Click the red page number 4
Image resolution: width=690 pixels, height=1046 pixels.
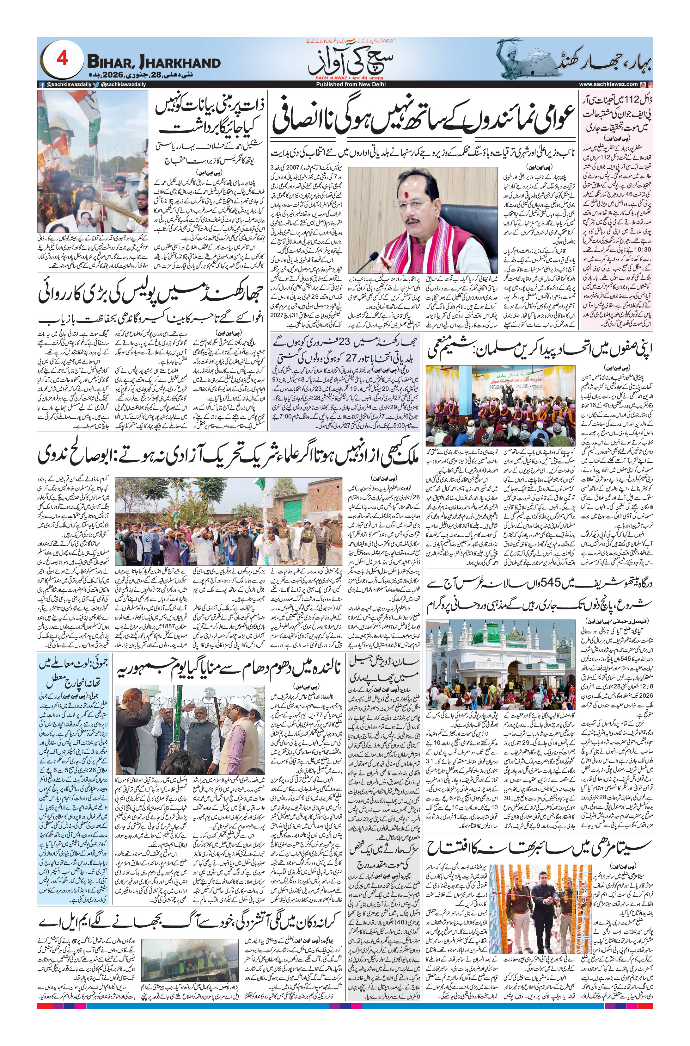(x=62, y=59)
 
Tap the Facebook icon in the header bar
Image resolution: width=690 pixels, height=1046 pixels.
(x=42, y=84)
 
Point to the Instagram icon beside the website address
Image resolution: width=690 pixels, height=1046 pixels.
(x=650, y=84)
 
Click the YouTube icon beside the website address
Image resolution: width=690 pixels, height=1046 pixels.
(x=643, y=84)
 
